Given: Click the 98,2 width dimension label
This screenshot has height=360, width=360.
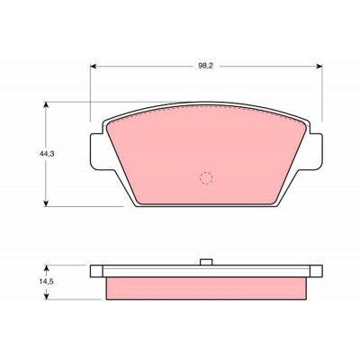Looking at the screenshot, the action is tap(205, 67).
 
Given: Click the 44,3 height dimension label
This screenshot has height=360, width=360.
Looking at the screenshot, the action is tap(47, 154).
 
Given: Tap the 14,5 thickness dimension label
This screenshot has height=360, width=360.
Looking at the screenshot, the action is tap(46, 282).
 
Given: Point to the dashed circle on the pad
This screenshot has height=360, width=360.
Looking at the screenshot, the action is tap(206, 178).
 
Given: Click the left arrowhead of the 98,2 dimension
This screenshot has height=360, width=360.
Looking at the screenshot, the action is tap(93, 67).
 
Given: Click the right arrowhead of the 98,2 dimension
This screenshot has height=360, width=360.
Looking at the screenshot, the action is tap(319, 67).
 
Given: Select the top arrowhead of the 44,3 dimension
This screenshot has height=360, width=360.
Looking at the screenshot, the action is tap(46, 104).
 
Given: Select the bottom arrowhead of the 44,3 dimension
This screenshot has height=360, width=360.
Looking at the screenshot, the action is tap(46, 203).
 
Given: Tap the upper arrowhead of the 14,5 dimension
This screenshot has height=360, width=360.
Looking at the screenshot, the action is tap(46, 267).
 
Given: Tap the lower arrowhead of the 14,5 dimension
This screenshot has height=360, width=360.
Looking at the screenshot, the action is tap(46, 296).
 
